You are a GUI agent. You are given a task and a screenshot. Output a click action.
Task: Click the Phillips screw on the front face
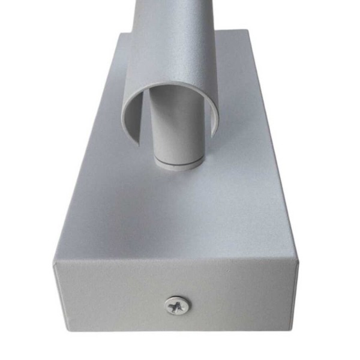[177, 306]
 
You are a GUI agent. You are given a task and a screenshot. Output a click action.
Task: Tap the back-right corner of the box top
[247, 30]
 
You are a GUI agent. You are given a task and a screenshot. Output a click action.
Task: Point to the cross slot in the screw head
[177, 306]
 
